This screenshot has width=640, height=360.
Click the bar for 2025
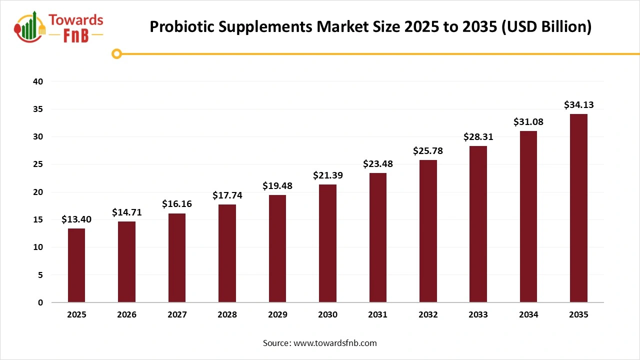click(x=76, y=265)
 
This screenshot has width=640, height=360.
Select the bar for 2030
click(x=327, y=243)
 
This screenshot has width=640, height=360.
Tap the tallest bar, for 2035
click(x=578, y=208)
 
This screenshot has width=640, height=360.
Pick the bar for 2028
click(x=227, y=253)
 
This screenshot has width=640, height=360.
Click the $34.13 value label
click(x=578, y=105)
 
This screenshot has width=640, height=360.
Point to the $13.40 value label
click(x=76, y=219)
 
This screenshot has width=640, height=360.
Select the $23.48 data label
click(x=377, y=164)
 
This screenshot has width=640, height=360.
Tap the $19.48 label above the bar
click(x=277, y=186)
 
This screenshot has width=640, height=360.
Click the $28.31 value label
click(x=478, y=137)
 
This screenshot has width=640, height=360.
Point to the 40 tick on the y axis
click(x=38, y=81)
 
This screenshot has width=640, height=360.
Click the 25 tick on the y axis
click(x=38, y=164)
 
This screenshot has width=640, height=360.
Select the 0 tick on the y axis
click(x=40, y=302)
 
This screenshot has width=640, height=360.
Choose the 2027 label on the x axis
click(x=177, y=315)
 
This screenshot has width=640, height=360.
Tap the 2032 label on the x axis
click(x=428, y=315)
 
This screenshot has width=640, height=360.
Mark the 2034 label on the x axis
click(x=528, y=315)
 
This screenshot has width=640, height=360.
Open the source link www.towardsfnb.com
click(x=335, y=343)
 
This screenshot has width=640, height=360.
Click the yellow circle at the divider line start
click(x=117, y=54)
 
